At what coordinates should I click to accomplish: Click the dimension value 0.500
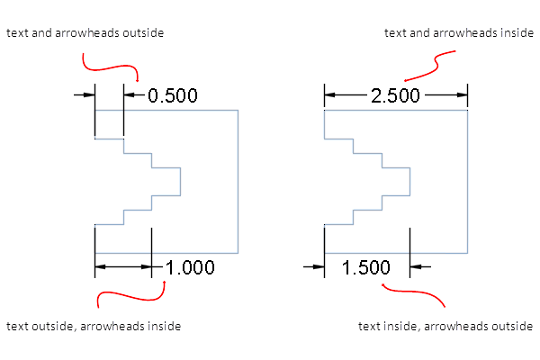click(172, 95)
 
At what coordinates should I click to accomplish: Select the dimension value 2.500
click(395, 95)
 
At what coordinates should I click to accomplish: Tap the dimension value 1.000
click(190, 266)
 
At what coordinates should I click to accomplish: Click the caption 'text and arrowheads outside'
click(85, 33)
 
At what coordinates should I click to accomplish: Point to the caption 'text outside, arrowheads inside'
click(94, 326)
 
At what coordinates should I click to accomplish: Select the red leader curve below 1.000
click(130, 292)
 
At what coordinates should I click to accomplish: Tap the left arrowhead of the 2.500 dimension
click(330, 94)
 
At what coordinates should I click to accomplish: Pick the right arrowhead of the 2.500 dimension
click(462, 94)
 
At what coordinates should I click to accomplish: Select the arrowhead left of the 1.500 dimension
click(318, 266)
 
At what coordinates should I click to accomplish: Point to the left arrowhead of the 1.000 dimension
click(101, 266)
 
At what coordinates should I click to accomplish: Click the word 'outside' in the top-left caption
click(145, 33)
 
